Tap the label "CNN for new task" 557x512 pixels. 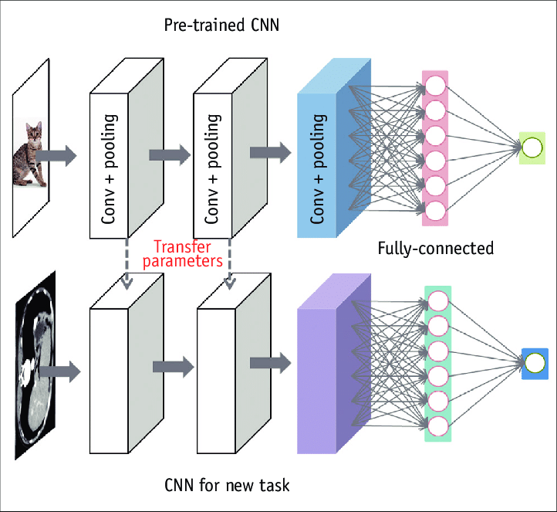tap(227, 485)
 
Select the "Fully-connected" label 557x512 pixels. tap(435, 249)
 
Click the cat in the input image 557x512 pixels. tap(29, 155)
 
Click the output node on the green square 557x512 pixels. tap(532, 147)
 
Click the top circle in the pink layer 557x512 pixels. tap(435, 85)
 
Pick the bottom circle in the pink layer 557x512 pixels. tap(435, 209)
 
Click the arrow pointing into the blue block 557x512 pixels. tap(270, 151)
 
